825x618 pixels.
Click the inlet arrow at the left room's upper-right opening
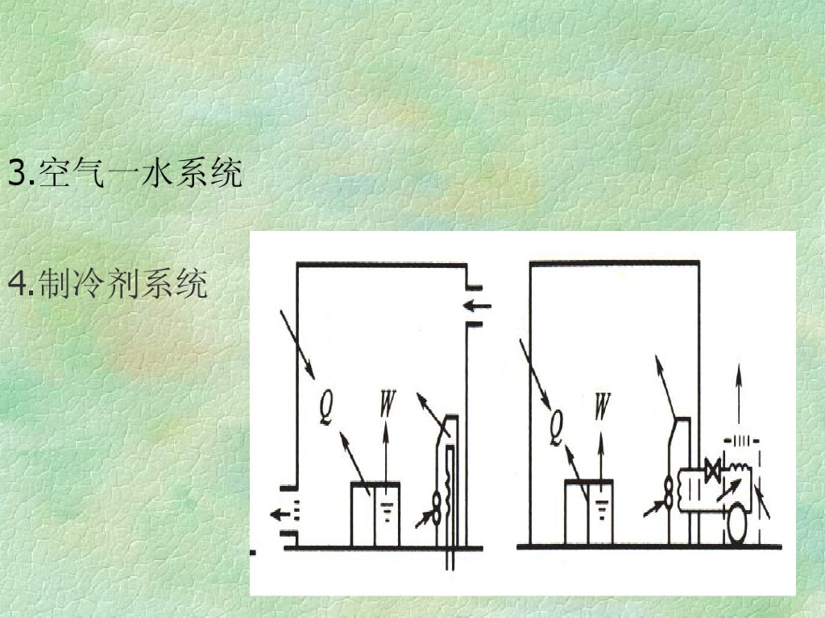tap(478, 305)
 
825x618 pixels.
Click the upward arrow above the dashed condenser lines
tap(738, 394)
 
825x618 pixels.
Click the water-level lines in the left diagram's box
tap(388, 508)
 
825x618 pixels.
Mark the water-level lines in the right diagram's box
tap(601, 506)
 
